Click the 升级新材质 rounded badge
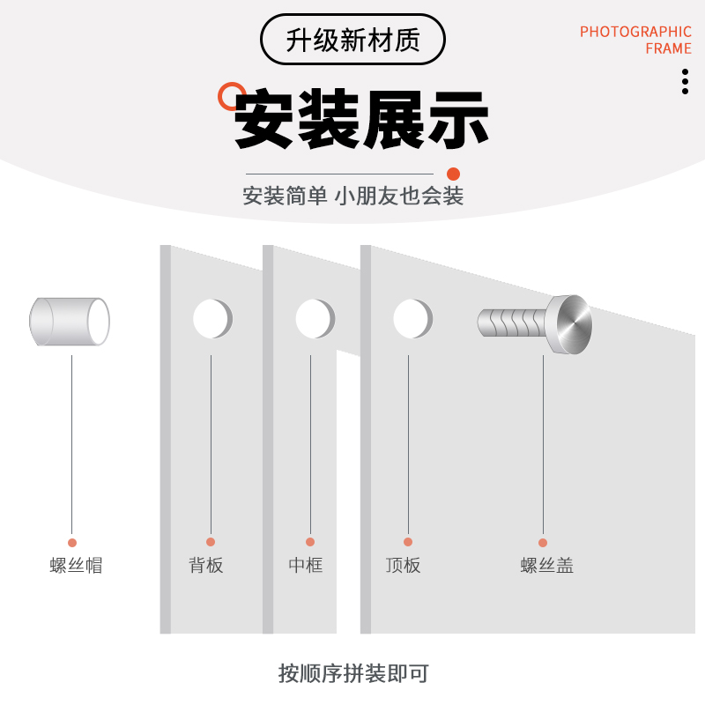point(352,40)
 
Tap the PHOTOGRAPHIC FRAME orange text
point(635,41)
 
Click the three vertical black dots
point(685,81)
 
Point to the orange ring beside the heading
point(232,95)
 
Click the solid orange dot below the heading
point(454,174)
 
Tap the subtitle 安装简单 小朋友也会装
point(352,196)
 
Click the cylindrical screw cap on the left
point(70,322)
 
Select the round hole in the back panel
point(211,319)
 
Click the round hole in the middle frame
point(314,319)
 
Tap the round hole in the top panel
point(412,319)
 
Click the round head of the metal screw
point(568,324)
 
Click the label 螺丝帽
point(76,566)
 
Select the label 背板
point(206,566)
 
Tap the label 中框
point(306,566)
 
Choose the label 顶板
point(404,566)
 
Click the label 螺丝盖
point(547,566)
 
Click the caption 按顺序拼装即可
point(352,674)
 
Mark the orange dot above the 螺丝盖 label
point(543,543)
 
